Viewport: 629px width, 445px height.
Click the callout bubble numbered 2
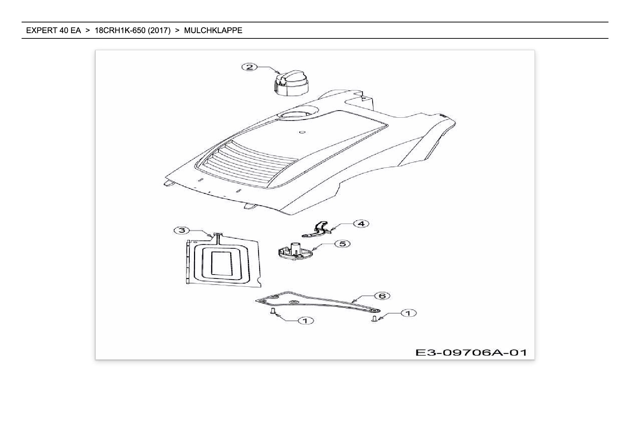pos(250,67)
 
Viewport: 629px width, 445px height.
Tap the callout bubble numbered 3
pos(181,230)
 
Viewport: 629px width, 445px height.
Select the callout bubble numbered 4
pos(361,224)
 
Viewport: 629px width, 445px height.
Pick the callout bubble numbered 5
pos(342,244)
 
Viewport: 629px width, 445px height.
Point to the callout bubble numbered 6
pos(382,296)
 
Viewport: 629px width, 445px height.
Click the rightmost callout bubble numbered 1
pos(408,313)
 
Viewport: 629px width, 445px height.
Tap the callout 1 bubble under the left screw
pos(306,320)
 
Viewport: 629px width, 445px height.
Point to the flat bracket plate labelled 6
pos(316,303)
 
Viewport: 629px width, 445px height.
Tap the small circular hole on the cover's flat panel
pos(302,132)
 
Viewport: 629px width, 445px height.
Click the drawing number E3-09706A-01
pos(471,352)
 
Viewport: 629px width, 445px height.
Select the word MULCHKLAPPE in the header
pos(213,31)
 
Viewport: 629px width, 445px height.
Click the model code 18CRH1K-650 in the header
pos(120,31)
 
